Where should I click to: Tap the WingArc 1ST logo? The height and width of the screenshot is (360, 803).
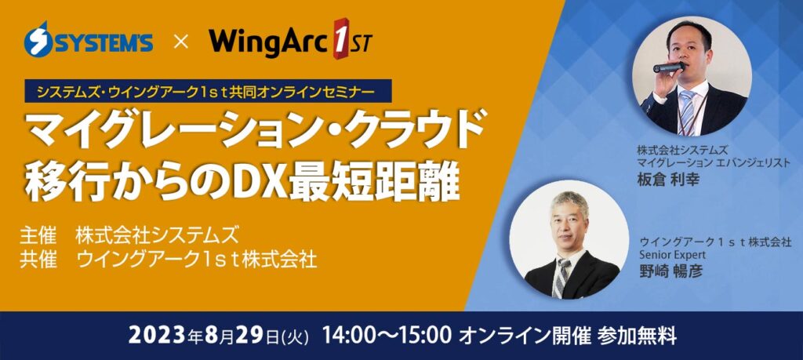point(290,39)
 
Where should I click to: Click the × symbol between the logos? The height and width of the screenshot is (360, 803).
point(181,42)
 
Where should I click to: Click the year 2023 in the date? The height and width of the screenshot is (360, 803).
point(155,336)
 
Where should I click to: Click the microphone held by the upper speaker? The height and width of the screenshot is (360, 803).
point(668,67)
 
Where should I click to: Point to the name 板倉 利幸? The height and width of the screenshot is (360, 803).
point(668,180)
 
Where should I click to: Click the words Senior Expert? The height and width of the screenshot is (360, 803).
point(672,254)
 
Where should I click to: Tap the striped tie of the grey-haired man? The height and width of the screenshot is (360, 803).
point(561,277)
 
